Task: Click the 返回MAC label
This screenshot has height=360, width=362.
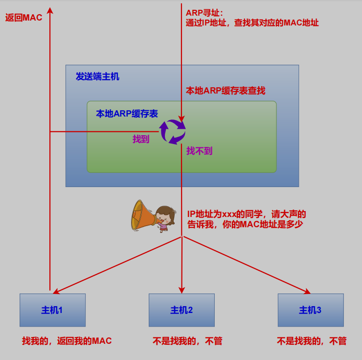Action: coord(23,18)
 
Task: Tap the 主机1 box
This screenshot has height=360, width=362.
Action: coord(52,310)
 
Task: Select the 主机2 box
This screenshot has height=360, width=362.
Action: coord(181,310)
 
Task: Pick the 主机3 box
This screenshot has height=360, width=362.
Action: coord(311,310)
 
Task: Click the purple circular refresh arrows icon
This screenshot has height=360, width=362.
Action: coord(172,132)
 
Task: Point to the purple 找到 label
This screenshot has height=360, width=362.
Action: coord(141,139)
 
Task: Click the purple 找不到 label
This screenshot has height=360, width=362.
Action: coord(199,151)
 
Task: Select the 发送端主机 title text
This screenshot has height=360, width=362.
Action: coord(97,76)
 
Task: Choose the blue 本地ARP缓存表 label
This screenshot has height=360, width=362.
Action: coord(127,114)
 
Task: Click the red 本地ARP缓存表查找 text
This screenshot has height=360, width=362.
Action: coord(226,91)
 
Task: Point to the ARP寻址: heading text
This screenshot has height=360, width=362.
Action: coord(204,12)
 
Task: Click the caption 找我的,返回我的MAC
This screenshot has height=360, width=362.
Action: coord(67,341)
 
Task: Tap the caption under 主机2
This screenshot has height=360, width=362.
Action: coord(187,341)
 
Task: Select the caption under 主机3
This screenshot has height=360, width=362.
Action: coord(312,341)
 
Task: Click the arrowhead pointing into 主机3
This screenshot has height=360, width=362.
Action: coord(308,292)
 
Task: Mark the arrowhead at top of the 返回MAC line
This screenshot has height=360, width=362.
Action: coord(50,10)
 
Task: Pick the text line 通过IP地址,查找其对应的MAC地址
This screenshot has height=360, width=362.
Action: coord(252,23)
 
